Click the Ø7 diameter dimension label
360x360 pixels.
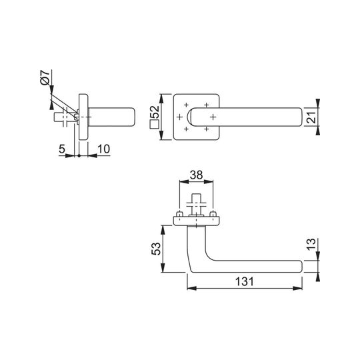45,77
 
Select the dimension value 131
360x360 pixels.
245,281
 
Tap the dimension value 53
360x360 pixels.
156,249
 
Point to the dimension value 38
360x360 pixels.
196,175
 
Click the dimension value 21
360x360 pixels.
311,117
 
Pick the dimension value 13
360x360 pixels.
311,244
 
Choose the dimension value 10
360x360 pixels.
104,149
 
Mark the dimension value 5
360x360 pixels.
62,149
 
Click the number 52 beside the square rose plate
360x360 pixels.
154,112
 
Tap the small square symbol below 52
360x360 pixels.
154,125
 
